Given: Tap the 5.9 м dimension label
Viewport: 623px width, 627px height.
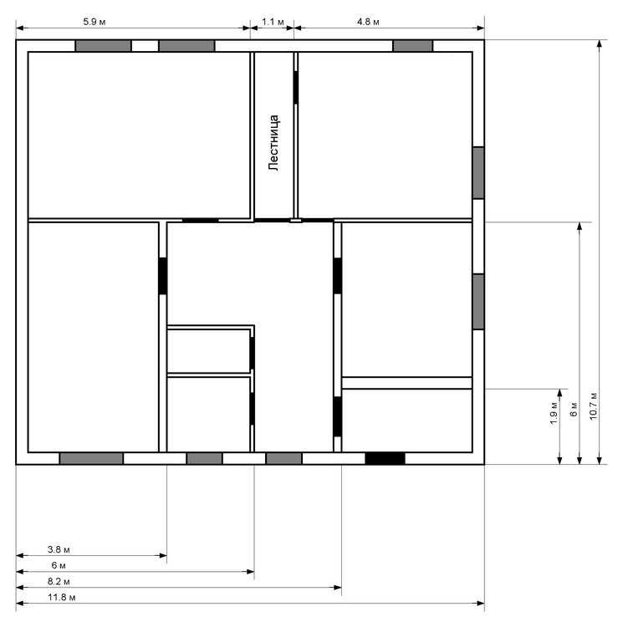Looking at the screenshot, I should coord(94,19).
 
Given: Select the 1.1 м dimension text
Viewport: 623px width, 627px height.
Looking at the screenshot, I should coord(272,19).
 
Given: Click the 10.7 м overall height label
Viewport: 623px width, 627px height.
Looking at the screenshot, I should coord(593,405).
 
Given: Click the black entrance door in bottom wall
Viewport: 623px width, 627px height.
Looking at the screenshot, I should coord(385,458).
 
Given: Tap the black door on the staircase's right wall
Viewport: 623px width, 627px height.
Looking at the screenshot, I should coord(296,87).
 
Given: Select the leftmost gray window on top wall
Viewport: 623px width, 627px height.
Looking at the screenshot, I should coord(103,46).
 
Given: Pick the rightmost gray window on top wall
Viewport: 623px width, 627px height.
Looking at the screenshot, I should coord(412,46).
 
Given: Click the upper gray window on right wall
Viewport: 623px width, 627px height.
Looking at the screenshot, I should coord(478,172).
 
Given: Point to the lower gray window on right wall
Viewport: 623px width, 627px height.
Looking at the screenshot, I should coord(478,301).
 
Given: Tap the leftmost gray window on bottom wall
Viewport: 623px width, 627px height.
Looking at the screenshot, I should coord(91,458).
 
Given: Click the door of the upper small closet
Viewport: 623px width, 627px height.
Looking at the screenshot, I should coord(253,352).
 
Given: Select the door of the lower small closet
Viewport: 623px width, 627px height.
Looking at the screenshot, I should coord(253,409).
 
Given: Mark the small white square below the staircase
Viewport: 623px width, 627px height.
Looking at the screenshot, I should coord(295,222).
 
